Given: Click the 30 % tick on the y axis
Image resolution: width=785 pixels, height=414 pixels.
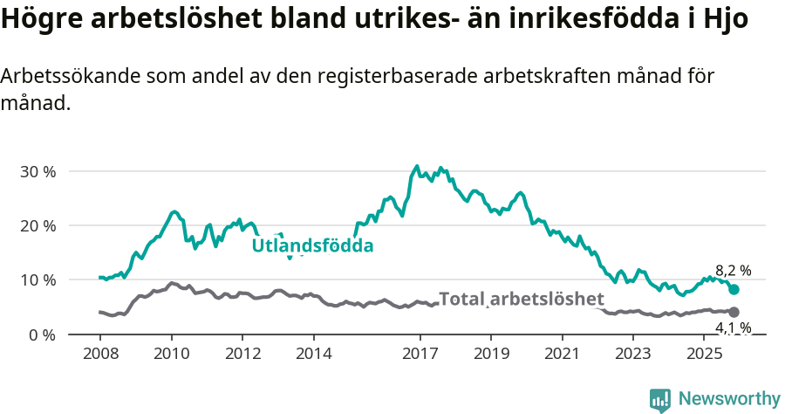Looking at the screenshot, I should click(38, 171).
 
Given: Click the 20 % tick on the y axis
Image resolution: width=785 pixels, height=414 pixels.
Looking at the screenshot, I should click(38, 225).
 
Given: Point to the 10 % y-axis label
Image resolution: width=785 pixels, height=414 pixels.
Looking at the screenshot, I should click(38, 280).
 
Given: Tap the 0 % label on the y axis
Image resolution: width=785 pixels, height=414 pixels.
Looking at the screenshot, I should click(42, 335).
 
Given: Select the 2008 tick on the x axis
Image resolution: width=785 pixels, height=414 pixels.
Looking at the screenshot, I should click(99, 354).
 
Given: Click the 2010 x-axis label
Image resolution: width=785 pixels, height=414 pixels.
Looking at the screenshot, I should click(171, 354).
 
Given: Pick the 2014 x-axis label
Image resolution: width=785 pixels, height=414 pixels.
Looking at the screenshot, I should click(313, 354).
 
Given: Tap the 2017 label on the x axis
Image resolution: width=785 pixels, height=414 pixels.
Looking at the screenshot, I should click(420, 354).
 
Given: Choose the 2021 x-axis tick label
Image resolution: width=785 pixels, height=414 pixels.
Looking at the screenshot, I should click(562, 354).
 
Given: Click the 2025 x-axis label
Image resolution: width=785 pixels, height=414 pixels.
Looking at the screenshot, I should click(704, 354).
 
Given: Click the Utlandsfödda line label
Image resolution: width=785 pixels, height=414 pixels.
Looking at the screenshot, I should click(312, 246).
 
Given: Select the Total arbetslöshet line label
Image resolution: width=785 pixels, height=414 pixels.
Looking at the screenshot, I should click(521, 299).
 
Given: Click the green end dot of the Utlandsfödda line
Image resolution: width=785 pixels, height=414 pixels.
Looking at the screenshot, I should click(734, 289).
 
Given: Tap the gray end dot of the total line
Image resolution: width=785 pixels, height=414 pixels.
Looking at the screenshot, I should click(734, 312).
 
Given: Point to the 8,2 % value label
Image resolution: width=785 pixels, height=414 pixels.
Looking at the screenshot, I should click(733, 271).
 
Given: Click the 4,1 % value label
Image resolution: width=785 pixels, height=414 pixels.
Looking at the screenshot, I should click(733, 328).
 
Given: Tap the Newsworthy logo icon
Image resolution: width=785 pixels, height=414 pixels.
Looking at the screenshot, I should click(660, 399).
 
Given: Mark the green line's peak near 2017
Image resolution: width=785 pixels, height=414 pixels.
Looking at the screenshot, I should click(417, 166).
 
